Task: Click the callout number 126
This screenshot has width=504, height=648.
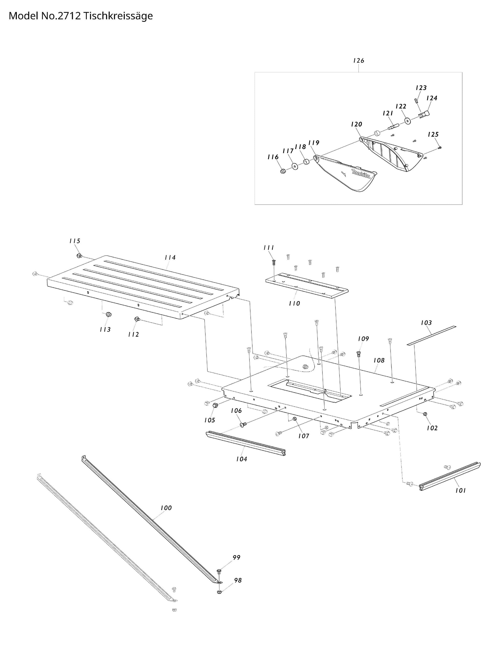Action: click(358, 61)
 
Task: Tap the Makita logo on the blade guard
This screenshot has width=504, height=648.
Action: click(361, 174)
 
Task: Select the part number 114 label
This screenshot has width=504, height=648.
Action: click(170, 258)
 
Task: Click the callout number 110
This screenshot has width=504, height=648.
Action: click(294, 303)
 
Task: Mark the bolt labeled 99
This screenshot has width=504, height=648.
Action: click(219, 571)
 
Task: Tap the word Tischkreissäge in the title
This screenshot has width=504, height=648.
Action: click(118, 16)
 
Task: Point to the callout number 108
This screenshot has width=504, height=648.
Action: click(379, 360)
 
